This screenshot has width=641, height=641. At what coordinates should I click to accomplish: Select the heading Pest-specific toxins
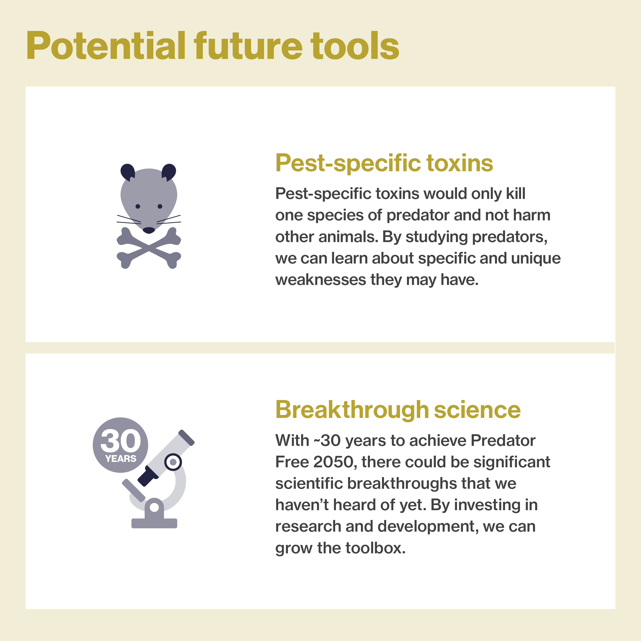pyautogui.click(x=384, y=164)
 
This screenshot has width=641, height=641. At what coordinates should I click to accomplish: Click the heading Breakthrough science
pyautogui.click(x=398, y=410)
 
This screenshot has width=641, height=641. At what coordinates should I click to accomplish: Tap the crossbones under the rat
pyautogui.click(x=149, y=248)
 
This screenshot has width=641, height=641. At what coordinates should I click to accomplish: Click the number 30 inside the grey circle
pyautogui.click(x=120, y=441)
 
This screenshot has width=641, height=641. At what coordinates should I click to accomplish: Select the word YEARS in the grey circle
pyautogui.click(x=120, y=459)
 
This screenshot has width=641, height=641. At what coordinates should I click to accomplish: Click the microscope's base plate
pyautogui.click(x=154, y=523)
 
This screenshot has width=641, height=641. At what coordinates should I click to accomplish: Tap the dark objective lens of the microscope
pyautogui.click(x=148, y=476)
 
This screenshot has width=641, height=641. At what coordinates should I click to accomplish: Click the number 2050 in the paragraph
pyautogui.click(x=333, y=462)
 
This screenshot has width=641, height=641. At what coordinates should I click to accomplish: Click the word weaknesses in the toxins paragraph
pyautogui.click(x=321, y=280)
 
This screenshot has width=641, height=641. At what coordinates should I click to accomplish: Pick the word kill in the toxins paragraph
pyautogui.click(x=516, y=193)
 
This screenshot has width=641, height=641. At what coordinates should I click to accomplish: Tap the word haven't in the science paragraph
pyautogui.click(x=302, y=505)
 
